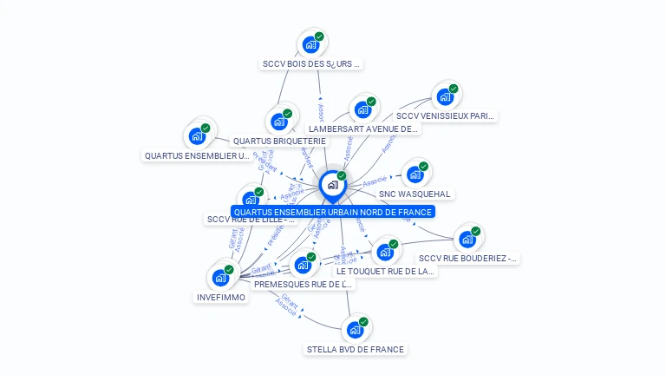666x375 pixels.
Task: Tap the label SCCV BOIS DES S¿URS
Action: pyautogui.click(x=310, y=63)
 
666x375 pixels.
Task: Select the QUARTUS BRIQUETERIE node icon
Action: pyautogui.click(x=280, y=121)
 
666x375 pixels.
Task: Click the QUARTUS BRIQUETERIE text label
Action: pyautogui.click(x=279, y=141)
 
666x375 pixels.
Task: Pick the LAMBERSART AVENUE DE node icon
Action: pyautogui.click(x=362, y=109)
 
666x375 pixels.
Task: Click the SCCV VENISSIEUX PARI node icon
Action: pyautogui.click(x=445, y=96)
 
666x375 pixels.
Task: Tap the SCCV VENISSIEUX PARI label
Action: pyautogui.click(x=446, y=115)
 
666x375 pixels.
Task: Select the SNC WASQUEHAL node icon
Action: pyautogui.click(x=415, y=174)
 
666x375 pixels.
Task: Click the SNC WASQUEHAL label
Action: pyautogui.click(x=415, y=194)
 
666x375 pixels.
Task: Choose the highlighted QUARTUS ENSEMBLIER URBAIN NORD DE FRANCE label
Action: pyautogui.click(x=332, y=212)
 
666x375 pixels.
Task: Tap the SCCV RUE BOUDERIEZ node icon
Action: pyautogui.click(x=468, y=238)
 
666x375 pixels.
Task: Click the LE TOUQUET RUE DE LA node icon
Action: pyautogui.click(x=385, y=252)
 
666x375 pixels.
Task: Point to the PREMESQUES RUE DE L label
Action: pyautogui.click(x=304, y=284)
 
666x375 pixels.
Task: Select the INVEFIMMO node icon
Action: pyautogui.click(x=220, y=278)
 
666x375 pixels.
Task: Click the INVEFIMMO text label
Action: pyautogui.click(x=220, y=297)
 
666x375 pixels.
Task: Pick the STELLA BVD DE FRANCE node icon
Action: pyautogui.click(x=355, y=330)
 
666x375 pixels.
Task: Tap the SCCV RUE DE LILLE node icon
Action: pyautogui.click(x=251, y=200)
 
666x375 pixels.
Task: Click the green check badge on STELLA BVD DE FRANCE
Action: pyautogui.click(x=363, y=322)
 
